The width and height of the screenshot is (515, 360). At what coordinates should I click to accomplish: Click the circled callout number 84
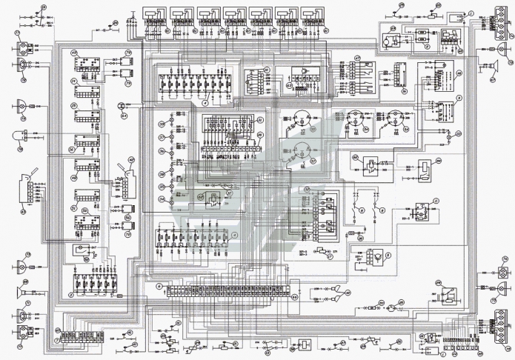(x=124, y=116)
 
